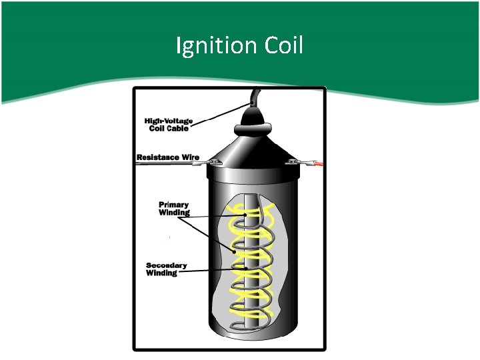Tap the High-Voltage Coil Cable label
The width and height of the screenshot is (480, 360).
169,125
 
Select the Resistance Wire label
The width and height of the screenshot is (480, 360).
168,157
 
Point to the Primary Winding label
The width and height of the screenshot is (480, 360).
173,209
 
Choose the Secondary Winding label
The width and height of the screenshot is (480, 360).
166,269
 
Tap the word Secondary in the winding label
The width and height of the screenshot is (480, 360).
167,265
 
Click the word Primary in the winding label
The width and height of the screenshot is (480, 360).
173,205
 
